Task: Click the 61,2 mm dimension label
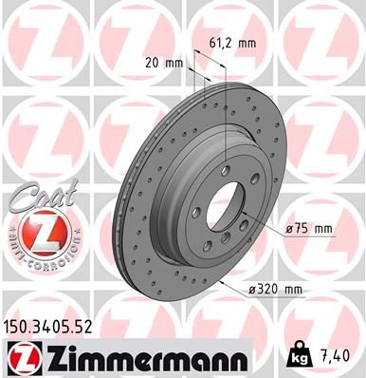click(x=231, y=43)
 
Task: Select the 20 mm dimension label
click(x=166, y=63)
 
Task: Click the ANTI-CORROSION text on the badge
click(x=35, y=257)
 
